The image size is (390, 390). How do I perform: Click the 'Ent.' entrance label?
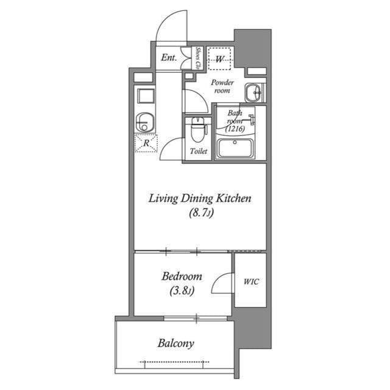pos(169,58)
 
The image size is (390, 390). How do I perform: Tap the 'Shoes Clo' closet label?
pos(199,58)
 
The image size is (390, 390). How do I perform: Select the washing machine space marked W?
pos(220,59)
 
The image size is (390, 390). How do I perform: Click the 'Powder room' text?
pos(221,86)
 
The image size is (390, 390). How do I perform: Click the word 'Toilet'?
pos(198,151)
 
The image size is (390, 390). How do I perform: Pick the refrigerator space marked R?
pos(146,144)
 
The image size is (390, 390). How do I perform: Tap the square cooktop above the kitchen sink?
pos(146,96)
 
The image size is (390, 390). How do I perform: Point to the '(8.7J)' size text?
pos(200,213)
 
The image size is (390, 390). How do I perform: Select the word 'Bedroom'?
pos(182,277)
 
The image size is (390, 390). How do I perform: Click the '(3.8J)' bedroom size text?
pos(182,291)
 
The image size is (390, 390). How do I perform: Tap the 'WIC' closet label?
pos(250,282)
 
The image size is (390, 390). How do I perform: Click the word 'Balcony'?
pos(175,344)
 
